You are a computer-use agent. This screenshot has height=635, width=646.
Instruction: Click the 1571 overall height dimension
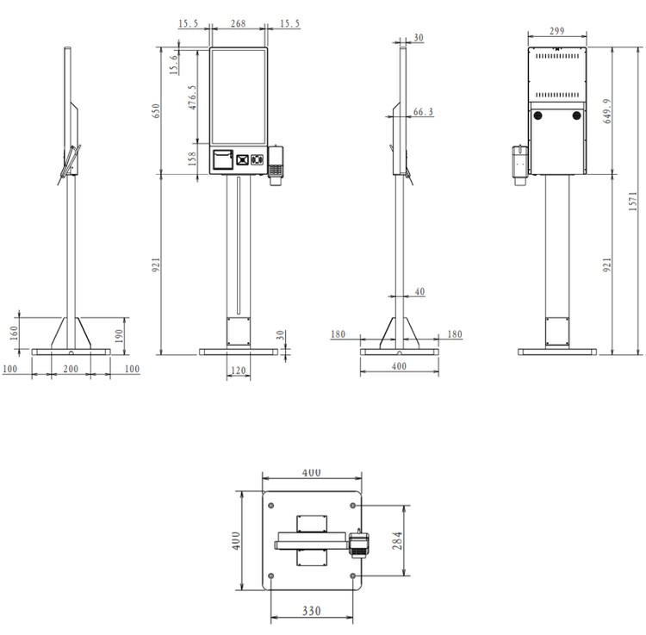633,201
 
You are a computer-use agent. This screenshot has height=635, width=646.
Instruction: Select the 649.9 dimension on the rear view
607,111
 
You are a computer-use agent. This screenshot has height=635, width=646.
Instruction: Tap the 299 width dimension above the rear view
557,30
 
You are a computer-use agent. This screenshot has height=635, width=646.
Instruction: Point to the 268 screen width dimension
238,23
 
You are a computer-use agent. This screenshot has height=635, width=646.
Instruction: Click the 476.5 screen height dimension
192,97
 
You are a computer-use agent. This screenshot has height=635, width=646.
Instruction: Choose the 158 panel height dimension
192,159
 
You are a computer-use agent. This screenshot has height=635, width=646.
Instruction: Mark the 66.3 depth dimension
423,112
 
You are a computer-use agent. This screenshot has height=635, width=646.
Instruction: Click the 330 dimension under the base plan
311,611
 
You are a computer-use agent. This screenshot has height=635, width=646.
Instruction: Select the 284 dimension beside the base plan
397,540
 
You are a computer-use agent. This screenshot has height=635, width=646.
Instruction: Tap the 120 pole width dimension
238,370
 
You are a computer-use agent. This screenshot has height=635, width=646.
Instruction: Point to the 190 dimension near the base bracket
119,336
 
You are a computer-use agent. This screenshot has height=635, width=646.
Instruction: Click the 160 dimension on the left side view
14,333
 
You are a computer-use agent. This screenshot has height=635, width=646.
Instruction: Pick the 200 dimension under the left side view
71,369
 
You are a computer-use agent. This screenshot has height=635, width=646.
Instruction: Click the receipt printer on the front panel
223,159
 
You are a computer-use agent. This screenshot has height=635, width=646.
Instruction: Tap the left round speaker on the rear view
537,115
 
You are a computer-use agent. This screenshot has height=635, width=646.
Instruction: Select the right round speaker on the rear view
577,115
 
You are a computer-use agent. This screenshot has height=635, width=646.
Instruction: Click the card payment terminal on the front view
276,165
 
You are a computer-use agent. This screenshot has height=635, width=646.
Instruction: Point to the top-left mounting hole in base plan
270,505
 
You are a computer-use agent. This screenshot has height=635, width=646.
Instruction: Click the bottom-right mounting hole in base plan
352,576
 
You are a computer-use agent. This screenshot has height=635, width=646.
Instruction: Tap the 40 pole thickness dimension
419,291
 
